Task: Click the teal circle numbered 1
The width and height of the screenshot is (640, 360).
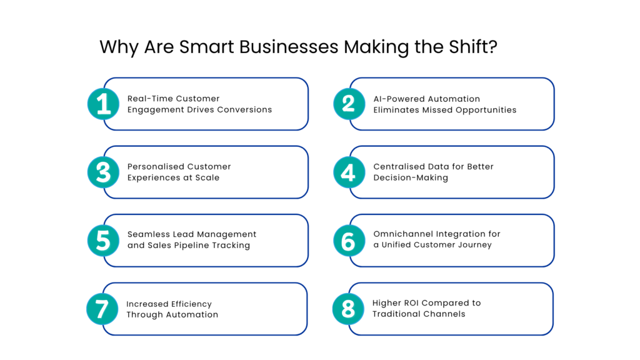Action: (104, 104)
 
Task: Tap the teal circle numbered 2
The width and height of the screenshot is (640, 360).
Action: (349, 104)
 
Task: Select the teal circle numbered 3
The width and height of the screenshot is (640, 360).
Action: (104, 172)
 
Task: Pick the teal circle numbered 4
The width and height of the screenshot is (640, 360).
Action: (349, 172)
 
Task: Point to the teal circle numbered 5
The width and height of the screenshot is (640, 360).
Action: (104, 240)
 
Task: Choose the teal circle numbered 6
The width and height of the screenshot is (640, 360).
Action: (349, 240)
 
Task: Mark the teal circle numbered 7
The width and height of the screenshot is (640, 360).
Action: (102, 309)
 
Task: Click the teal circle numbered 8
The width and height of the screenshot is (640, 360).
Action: (348, 309)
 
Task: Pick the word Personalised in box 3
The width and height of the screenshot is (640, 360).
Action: (152, 167)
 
